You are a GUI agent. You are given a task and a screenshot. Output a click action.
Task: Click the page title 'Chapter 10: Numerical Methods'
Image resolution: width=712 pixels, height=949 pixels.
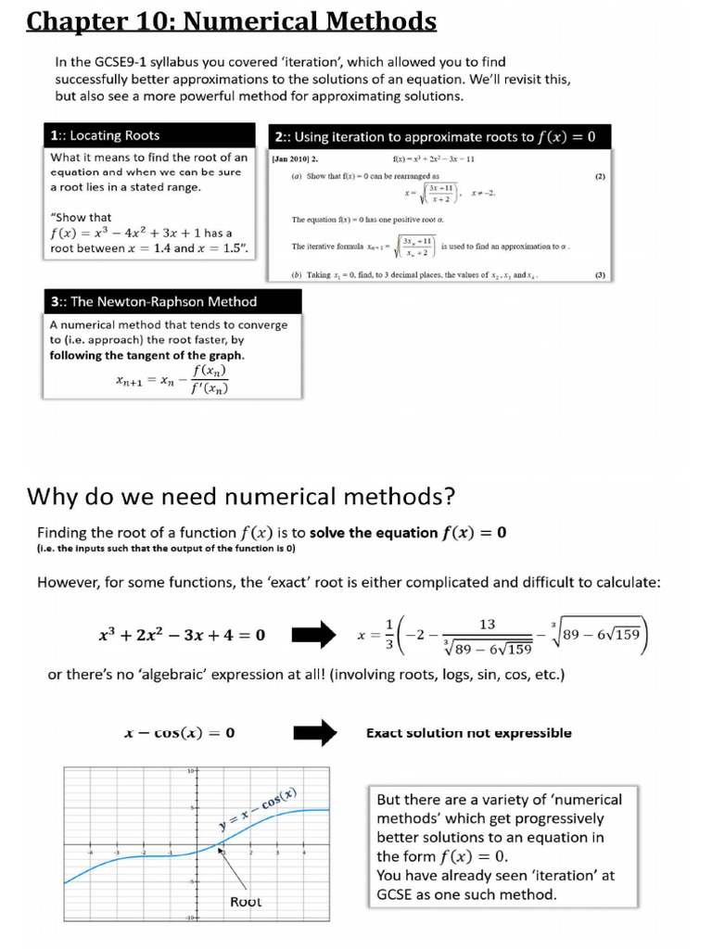click(231, 20)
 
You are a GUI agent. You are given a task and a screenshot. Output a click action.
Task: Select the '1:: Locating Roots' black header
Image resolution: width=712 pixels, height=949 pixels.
click(105, 135)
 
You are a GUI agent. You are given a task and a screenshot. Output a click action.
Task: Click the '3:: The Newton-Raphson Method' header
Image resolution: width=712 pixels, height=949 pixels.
click(153, 301)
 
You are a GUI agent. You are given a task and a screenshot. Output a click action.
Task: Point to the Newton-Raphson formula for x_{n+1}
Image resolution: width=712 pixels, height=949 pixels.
click(172, 378)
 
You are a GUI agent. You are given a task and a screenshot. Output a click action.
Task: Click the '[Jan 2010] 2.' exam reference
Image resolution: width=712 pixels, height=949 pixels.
click(295, 158)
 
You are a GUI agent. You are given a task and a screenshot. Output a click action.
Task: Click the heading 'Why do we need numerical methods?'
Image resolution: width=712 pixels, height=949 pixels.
click(241, 496)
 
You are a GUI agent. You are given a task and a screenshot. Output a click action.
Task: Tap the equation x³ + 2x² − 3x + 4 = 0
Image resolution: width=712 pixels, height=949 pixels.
click(182, 635)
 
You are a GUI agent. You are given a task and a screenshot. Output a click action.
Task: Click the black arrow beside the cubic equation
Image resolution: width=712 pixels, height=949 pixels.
click(314, 636)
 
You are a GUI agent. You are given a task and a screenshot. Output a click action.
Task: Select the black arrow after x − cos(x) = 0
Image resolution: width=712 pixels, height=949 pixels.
click(314, 733)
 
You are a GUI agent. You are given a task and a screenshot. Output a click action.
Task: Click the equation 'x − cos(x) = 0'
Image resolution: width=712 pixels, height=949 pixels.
click(179, 733)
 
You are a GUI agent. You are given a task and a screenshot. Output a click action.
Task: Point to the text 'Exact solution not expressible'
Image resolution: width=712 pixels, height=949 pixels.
click(468, 733)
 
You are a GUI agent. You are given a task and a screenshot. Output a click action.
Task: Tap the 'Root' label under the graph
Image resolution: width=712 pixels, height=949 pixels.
click(246, 901)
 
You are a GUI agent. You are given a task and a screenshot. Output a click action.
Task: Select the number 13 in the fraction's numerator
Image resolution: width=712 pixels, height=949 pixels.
click(486, 625)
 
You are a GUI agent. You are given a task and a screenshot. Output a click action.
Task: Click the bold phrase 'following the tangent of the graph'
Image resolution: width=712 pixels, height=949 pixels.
click(146, 355)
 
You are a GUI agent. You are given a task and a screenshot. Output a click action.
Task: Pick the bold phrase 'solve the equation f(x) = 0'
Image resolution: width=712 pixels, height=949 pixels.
click(408, 532)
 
